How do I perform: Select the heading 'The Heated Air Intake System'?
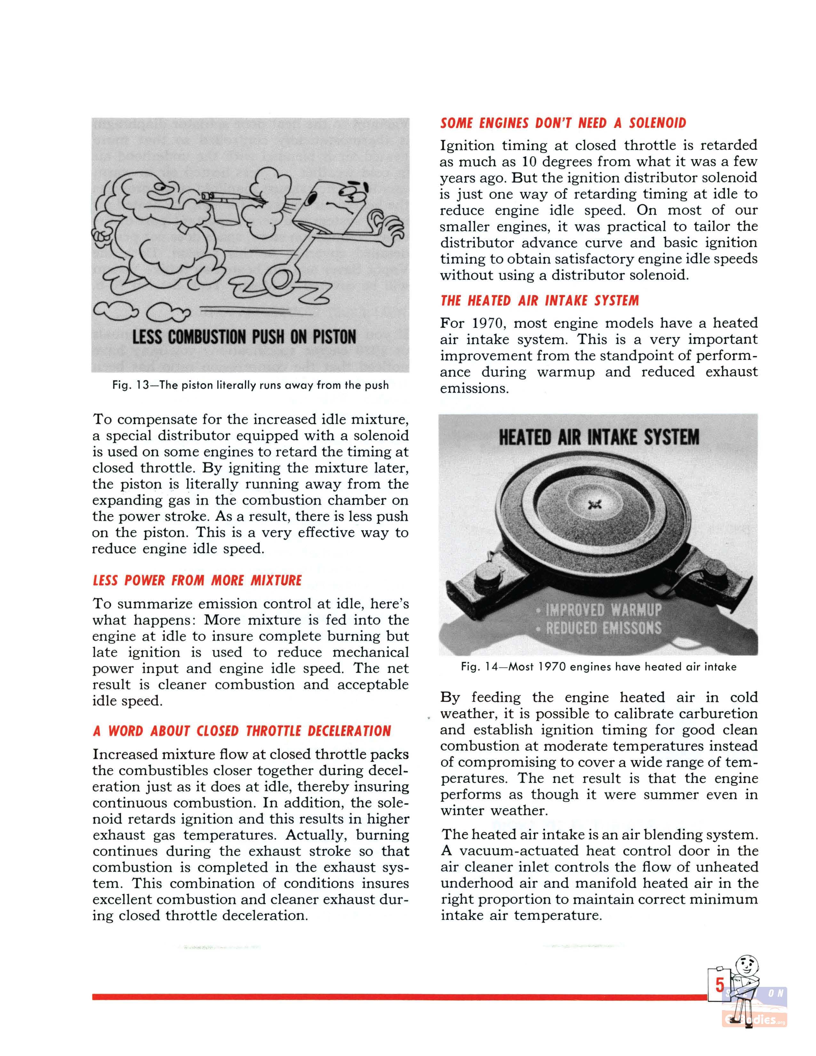[x=540, y=301]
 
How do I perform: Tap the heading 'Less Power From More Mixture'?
[x=197, y=580]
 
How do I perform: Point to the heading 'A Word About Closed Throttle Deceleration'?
[x=242, y=731]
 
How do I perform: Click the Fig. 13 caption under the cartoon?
[x=251, y=385]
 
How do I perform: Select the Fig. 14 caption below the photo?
[x=598, y=667]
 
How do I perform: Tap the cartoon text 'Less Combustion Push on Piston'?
[x=244, y=337]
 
